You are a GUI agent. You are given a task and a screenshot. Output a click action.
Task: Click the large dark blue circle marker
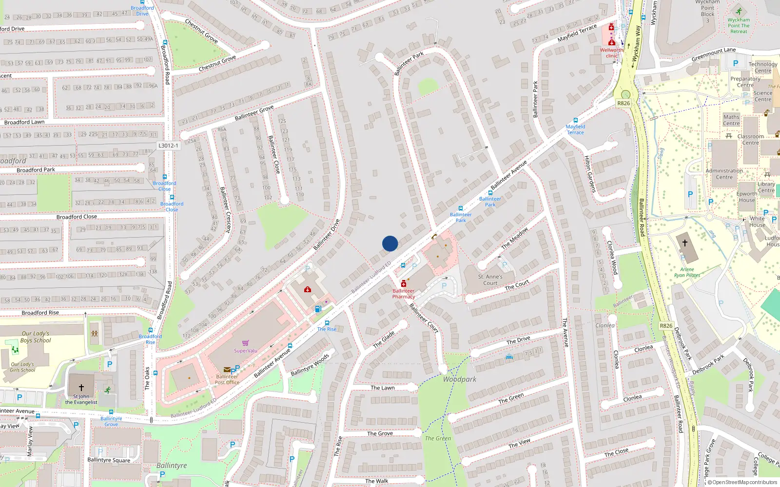390,243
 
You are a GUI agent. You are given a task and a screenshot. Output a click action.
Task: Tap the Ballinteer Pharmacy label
404,294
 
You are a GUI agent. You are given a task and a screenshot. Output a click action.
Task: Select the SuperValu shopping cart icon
245,343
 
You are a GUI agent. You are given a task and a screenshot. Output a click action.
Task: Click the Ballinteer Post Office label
227,379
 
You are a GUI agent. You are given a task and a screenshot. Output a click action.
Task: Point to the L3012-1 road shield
168,146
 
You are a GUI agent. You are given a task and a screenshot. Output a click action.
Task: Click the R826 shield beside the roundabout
624,103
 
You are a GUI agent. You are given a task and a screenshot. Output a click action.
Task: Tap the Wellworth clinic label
611,53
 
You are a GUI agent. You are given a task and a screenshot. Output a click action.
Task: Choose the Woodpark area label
460,379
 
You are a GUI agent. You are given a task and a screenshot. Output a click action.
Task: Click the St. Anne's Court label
490,280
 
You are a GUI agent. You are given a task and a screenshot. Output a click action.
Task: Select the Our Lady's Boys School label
35,337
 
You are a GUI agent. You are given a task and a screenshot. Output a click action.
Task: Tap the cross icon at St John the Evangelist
81,388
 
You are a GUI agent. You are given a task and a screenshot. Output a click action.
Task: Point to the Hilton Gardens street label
590,174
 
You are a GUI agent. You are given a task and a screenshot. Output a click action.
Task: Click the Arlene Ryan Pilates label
687,272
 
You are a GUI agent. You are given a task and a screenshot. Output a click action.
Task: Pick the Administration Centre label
724,174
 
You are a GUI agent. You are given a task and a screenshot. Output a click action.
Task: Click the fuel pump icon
318,309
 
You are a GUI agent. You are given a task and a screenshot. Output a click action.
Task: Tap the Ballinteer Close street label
274,154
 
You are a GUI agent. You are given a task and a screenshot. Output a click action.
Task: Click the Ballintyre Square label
109,460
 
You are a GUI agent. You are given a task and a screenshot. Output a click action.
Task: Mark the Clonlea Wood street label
612,258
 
